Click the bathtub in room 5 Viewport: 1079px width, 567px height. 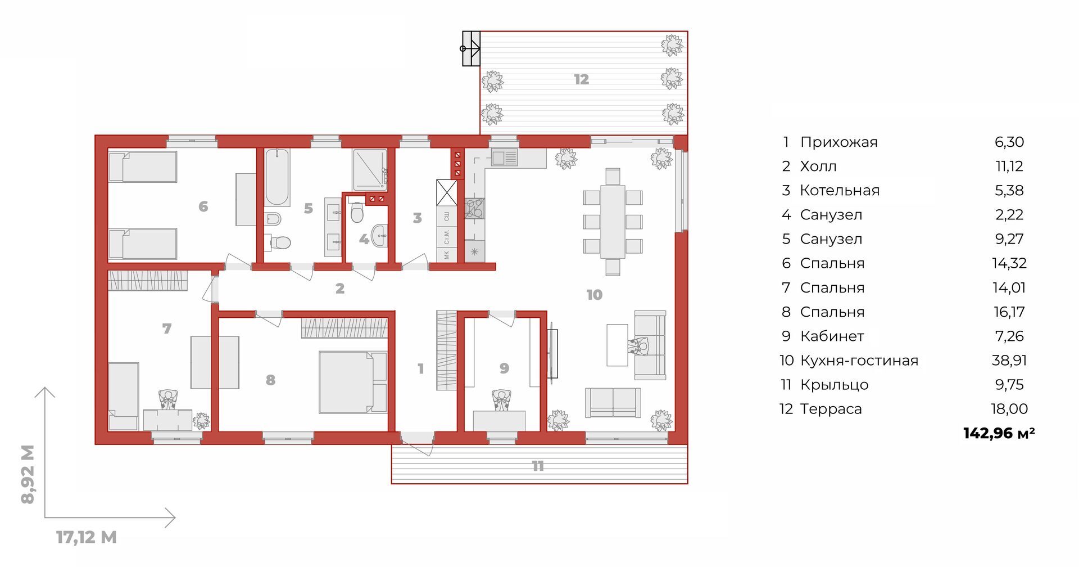point(277,178)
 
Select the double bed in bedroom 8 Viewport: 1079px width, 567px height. point(353,382)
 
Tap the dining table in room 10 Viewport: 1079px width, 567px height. point(613,222)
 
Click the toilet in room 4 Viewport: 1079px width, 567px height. point(357,212)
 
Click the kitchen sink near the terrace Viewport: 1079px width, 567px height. point(504,157)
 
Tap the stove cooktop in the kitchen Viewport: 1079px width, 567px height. point(475,209)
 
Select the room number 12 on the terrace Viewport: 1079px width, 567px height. point(582,80)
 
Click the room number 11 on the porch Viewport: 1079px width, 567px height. point(538,466)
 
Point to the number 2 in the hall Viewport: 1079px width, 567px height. point(340,289)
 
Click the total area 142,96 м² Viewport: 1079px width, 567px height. point(999,433)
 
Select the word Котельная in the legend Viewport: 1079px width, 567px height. point(840,191)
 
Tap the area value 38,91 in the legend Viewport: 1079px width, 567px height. point(1009,361)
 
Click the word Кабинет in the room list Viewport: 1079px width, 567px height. point(832,336)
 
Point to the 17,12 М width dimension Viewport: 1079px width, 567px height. point(87,537)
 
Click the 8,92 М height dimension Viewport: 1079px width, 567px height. point(28,474)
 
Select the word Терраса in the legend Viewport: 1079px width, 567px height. point(831,409)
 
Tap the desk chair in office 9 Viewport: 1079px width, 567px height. point(501,400)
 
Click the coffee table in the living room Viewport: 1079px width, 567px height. point(617,345)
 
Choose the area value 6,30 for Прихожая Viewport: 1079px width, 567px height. point(1009,142)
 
